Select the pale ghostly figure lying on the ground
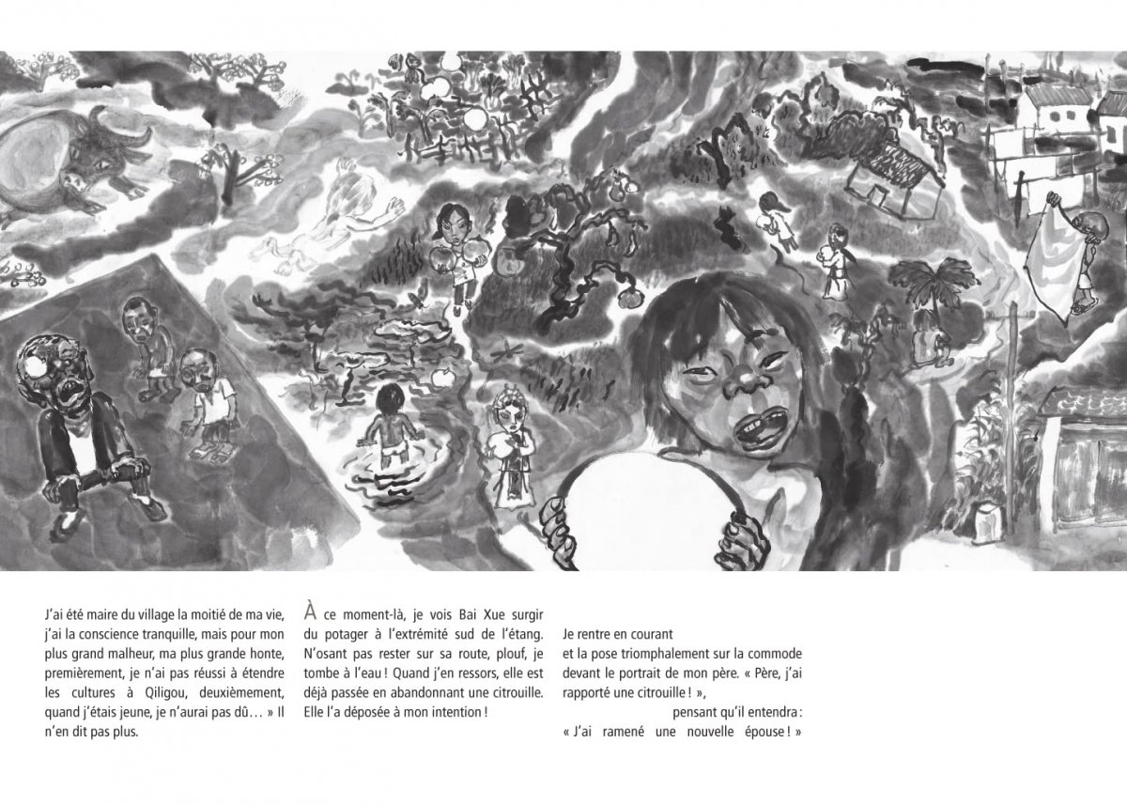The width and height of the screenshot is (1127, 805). tap(329, 221)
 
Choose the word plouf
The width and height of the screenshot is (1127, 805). tap(499, 653)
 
